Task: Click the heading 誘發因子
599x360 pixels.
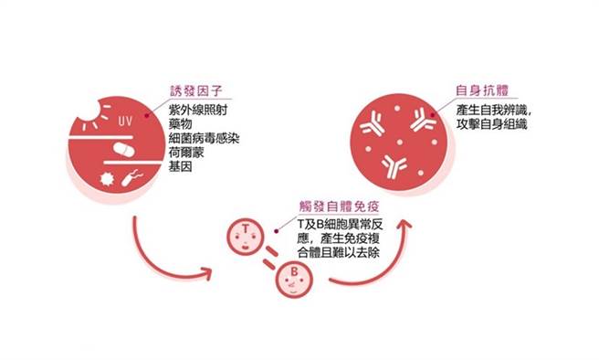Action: (194, 91)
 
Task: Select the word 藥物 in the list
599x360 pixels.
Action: (181, 123)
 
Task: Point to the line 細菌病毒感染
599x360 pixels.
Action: (204, 138)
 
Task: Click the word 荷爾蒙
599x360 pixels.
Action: (186, 153)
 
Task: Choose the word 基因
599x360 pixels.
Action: (181, 167)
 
